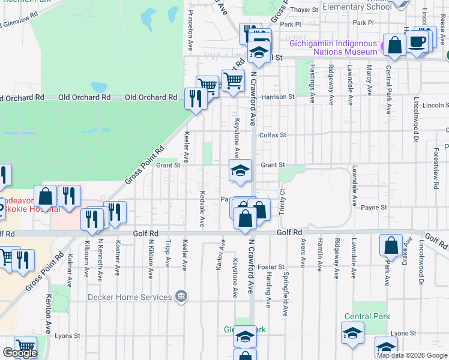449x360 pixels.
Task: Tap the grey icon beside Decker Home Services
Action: pos(180,296)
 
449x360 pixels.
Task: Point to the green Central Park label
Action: pos(367,316)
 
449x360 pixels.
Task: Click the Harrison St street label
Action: pos(277,96)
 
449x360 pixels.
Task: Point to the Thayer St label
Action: pos(304,10)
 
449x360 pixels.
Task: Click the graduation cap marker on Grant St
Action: pos(240,170)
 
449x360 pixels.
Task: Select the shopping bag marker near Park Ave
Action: pos(391,245)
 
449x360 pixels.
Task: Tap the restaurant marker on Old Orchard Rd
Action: pos(194,97)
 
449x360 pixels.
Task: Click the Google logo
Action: pos(19,353)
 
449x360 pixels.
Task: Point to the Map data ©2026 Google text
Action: pos(412,355)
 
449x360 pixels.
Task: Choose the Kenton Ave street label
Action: pos(49,314)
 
